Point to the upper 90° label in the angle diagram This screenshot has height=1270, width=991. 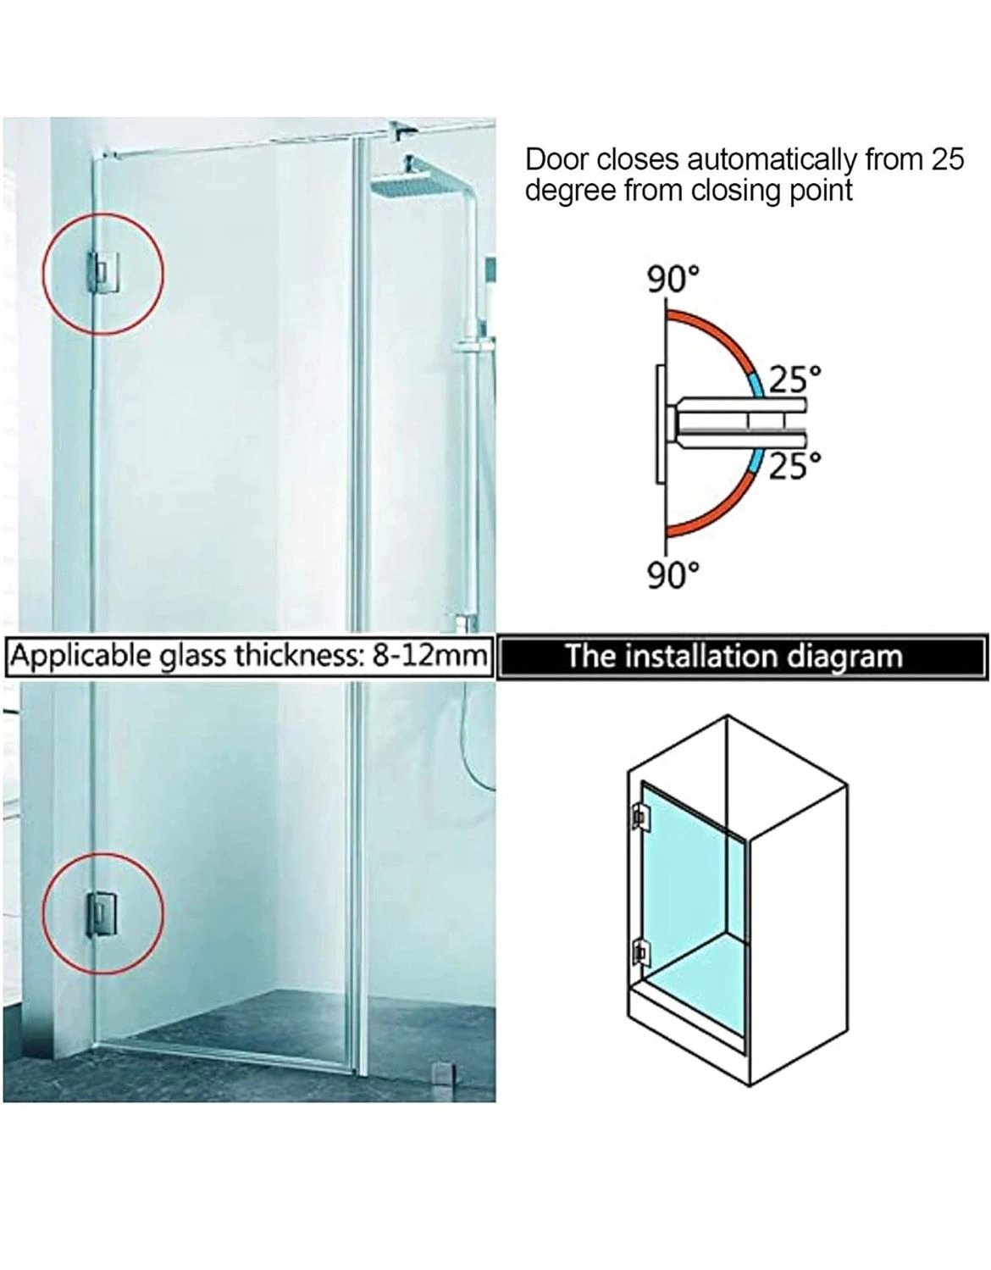pyautogui.click(x=673, y=280)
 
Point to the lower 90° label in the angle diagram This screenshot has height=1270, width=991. pyautogui.click(x=673, y=575)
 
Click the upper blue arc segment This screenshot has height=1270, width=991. pyautogui.click(x=758, y=384)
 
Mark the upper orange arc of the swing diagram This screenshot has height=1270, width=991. pyautogui.click(x=724, y=332)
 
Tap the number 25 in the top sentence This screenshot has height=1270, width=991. pyautogui.click(x=946, y=158)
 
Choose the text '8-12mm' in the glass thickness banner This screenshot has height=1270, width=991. pyautogui.click(x=429, y=656)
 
